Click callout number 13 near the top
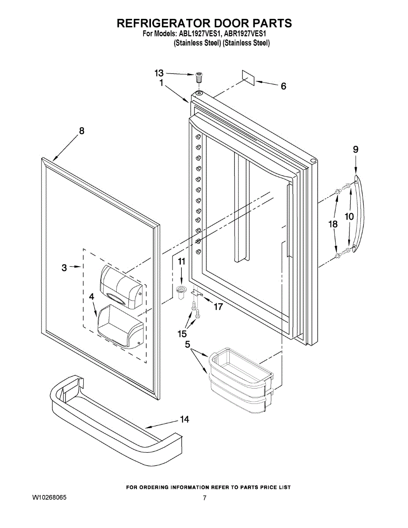click(x=159, y=73)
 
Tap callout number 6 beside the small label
click(x=283, y=86)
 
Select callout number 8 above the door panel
click(x=81, y=131)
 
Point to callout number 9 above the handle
click(x=356, y=150)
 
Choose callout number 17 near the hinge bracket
click(x=218, y=307)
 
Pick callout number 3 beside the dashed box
click(x=64, y=267)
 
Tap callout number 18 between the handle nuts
click(x=333, y=224)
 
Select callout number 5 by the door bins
click(x=187, y=345)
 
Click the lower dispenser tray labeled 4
click(x=120, y=327)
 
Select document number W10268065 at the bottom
click(x=49, y=498)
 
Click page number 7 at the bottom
click(x=204, y=498)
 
